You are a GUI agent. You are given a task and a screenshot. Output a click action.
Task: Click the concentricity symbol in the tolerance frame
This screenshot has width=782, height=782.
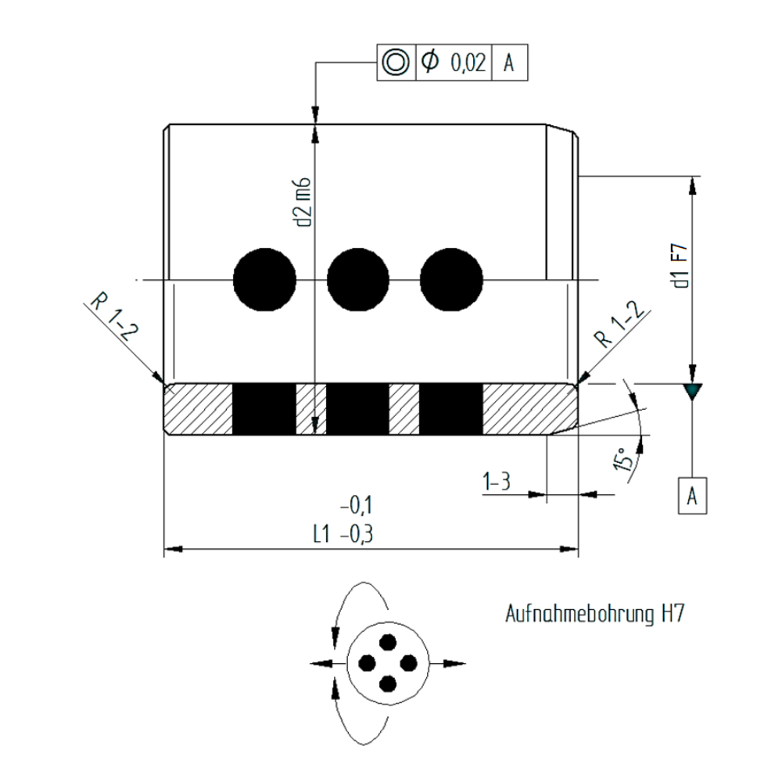396,63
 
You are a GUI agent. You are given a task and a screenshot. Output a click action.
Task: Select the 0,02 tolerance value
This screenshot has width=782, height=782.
468,63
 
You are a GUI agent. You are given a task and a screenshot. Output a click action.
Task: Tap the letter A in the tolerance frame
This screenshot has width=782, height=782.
509,63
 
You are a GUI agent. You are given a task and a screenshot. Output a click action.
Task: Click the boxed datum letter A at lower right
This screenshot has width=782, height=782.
692,497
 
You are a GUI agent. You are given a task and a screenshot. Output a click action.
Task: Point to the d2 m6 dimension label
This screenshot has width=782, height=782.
303,202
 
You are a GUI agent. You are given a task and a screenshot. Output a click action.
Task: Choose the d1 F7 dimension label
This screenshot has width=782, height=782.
681,266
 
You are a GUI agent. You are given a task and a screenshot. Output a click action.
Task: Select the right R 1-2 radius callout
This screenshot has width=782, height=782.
620,325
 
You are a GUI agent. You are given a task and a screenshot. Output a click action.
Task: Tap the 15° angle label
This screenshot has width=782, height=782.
624,459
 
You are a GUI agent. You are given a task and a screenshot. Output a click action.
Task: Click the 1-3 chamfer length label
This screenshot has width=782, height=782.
497,482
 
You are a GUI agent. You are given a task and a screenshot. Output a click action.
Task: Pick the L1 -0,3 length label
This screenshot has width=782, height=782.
343,535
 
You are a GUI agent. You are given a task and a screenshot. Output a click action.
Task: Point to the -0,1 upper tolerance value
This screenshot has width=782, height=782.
356,507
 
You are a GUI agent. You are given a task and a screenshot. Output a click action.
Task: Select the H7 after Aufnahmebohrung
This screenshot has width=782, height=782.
673,613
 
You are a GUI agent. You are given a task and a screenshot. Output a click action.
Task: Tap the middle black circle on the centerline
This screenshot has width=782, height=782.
358,280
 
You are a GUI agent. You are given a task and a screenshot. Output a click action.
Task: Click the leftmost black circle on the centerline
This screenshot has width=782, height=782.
265,280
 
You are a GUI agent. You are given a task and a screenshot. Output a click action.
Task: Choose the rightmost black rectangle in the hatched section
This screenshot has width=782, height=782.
451,410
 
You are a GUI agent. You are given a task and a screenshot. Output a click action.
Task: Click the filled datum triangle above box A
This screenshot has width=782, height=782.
692,391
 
